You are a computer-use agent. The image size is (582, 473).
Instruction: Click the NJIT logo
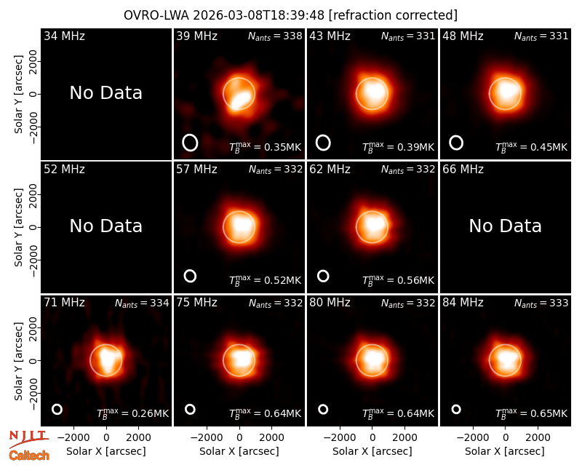coord(29,439)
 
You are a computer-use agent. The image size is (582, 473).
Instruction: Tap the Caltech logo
coord(29,456)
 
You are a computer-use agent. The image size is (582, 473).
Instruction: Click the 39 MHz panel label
coord(196,36)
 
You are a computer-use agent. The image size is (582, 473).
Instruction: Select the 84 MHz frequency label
coord(463,303)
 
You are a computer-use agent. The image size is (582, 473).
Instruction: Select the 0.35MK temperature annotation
coord(265,147)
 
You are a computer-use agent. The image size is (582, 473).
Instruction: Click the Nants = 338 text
coord(275,36)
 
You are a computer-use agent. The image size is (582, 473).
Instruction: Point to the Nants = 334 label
coord(142,303)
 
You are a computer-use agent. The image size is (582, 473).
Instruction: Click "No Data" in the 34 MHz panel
coord(105,93)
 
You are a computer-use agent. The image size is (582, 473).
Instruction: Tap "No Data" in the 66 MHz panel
coord(505,226)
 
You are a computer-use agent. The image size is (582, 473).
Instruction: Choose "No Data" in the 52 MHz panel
coord(105,226)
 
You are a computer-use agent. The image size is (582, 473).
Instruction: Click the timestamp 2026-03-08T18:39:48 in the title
coord(259,15)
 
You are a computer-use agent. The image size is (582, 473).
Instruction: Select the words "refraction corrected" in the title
coord(394,15)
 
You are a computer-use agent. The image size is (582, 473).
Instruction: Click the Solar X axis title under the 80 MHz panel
coord(372,451)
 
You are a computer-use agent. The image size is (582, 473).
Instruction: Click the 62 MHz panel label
coord(330,170)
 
